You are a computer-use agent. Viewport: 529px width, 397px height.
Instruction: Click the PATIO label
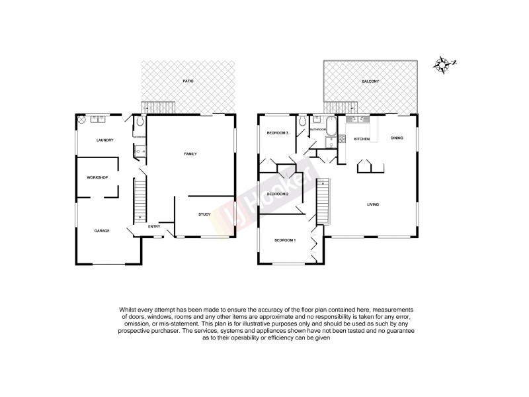coord(188,81)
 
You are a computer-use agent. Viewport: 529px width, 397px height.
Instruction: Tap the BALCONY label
coord(370,81)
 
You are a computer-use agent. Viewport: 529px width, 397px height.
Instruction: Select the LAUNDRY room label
coord(104,140)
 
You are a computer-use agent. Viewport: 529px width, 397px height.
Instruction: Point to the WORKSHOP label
coord(97,177)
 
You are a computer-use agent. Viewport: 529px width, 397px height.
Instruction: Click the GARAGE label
coord(101,230)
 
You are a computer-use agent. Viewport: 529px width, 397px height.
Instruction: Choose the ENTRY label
coord(153,226)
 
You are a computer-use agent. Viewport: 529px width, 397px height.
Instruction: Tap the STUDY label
coord(204,214)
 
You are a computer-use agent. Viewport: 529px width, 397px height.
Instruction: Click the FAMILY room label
coord(190,154)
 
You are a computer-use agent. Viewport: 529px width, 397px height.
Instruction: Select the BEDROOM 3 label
coord(277,133)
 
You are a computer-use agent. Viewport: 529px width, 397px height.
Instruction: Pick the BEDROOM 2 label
coord(277,194)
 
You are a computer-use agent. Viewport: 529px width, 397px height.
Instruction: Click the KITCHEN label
coord(361,139)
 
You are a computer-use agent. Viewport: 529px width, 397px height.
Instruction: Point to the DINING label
coord(397,138)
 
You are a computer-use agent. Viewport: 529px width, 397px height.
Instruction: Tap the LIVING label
coord(373,204)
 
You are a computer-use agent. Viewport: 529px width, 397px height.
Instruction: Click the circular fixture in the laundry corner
coord(82,120)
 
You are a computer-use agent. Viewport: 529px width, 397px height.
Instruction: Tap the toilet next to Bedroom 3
coord(302,122)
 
